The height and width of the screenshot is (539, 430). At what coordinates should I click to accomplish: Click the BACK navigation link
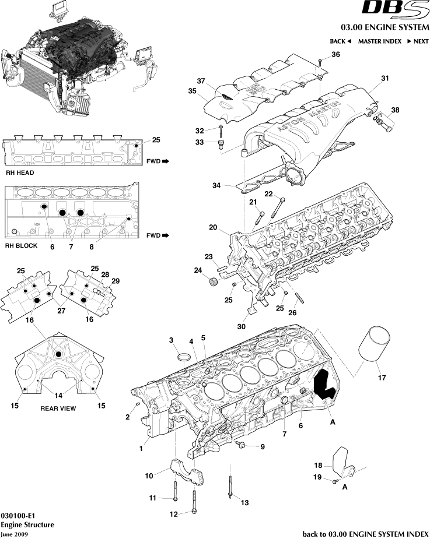click(x=340, y=41)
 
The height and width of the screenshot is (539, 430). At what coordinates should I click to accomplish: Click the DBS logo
click(x=394, y=9)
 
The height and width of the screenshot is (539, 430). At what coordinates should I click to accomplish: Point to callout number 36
click(x=335, y=55)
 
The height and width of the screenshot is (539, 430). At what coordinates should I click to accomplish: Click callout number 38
click(x=396, y=110)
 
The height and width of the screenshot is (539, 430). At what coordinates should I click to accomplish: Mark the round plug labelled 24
click(x=213, y=284)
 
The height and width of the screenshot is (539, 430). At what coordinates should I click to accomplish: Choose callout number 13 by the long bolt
click(x=244, y=502)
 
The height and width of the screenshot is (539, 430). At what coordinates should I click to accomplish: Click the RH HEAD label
click(x=19, y=173)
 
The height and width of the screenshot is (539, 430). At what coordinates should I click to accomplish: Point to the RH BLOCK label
click(x=21, y=246)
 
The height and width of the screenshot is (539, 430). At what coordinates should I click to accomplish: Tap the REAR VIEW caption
click(x=58, y=408)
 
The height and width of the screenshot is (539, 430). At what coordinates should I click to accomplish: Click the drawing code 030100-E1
click(x=18, y=516)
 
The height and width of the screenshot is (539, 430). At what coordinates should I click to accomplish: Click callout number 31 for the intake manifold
click(x=384, y=78)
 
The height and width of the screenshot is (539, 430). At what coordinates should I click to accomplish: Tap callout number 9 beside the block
click(x=262, y=447)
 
